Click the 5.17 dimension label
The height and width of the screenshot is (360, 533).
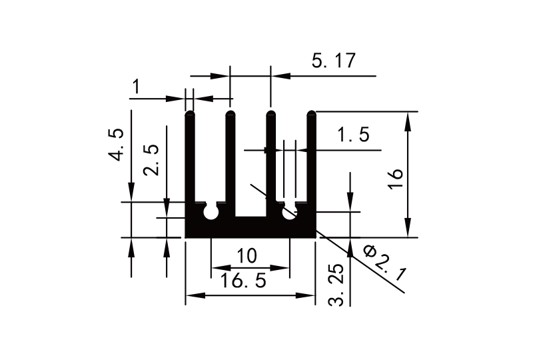click(333, 61)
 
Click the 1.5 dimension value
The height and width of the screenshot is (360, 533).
click(353, 136)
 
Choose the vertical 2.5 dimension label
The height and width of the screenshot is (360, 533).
click(153, 159)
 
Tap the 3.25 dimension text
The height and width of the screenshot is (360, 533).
click(337, 285)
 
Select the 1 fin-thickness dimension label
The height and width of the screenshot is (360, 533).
click(137, 87)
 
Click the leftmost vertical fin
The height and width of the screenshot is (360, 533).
click(189, 160)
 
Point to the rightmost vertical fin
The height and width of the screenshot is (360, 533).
click(311, 160)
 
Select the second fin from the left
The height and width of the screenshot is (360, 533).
click(231, 160)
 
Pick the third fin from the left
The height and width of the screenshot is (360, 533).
click(270, 160)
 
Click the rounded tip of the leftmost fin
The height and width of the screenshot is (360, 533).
click(189, 113)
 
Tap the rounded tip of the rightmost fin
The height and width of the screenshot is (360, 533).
click(311, 113)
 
